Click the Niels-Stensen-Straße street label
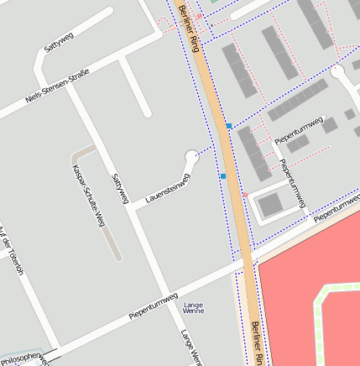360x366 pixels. pos(57,86)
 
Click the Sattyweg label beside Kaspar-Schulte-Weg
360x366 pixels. pos(119,190)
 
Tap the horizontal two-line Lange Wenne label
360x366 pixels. pos(194,307)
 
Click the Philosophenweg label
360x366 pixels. pos(20,359)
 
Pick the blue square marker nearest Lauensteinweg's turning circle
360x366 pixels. pos(223,176)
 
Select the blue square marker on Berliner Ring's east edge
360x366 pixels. pos(228,126)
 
